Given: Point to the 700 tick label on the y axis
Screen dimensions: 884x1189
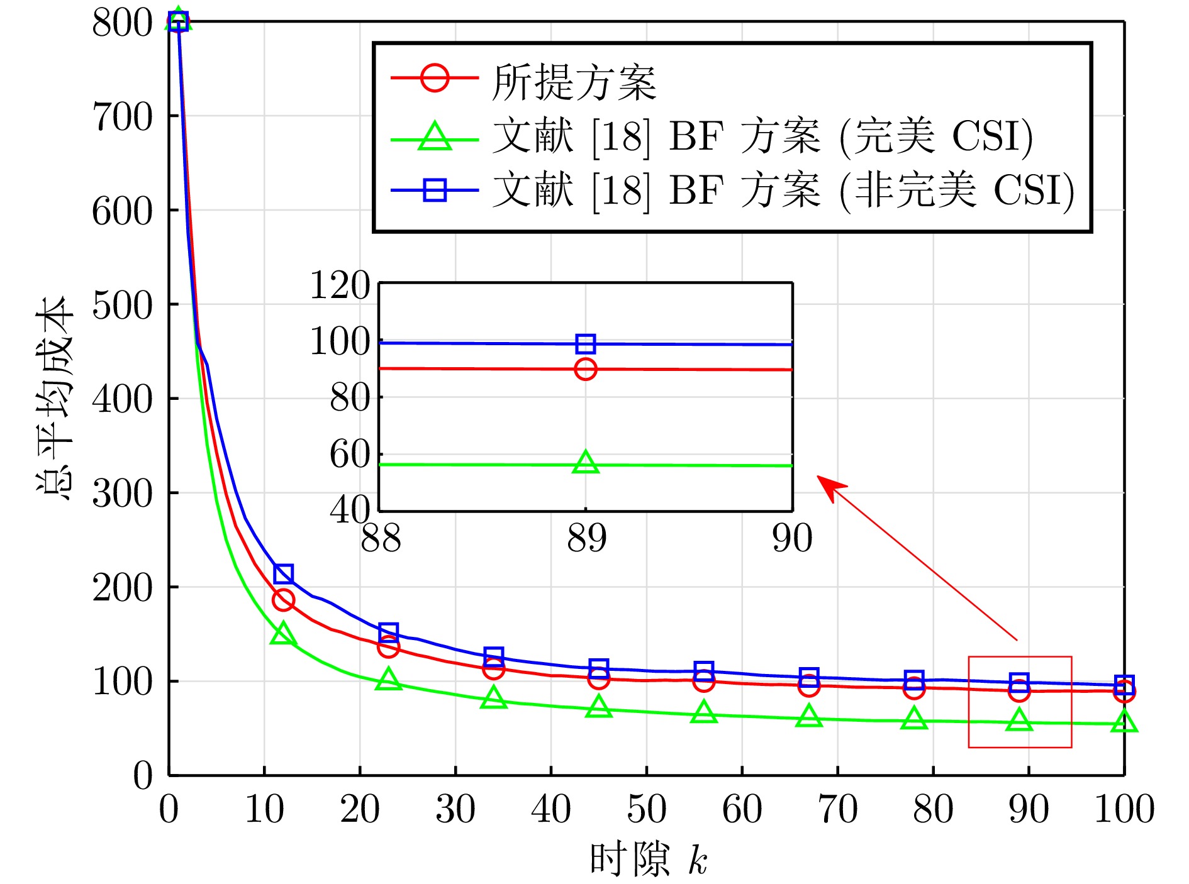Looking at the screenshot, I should pos(122,117).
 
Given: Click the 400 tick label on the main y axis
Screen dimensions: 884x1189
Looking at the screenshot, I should pos(122,399).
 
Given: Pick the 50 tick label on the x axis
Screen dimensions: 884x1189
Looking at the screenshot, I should pos(646,809).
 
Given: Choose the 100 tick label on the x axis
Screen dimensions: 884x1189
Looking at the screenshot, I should pos(1124,809).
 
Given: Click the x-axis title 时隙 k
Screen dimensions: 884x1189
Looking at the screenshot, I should pos(648,859).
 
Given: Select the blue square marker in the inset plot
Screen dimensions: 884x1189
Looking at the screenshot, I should pos(586,344).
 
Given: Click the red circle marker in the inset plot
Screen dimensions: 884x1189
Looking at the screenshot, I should pos(586,369).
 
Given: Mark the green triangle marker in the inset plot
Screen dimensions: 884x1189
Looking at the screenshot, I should pos(586,463).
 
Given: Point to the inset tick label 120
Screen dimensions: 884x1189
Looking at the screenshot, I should pos(340,285).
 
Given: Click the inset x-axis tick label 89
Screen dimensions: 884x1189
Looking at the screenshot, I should pos(586,539).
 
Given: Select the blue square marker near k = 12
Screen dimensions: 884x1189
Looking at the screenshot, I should pos(284,573).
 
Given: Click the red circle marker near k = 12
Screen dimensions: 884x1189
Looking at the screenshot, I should pos(283,600).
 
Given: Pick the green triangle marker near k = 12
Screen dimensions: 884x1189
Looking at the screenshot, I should pos(283,634).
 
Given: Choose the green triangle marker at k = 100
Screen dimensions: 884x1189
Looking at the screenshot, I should pos(1124,722).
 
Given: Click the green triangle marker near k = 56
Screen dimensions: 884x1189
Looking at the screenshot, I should pos(704,713).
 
